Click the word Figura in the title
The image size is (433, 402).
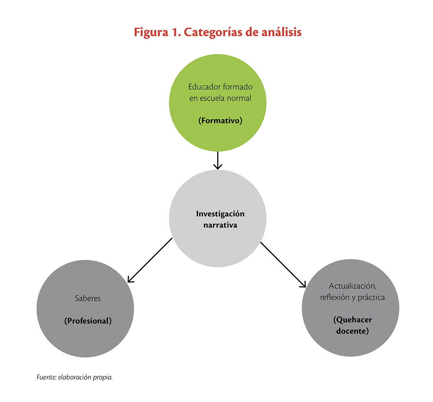pyautogui.click(x=151, y=33)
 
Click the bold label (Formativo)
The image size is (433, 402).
pyautogui.click(x=220, y=121)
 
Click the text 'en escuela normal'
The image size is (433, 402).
pyautogui.click(x=220, y=98)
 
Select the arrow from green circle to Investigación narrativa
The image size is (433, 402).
pyautogui.click(x=218, y=160)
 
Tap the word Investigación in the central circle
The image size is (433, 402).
pyautogui.click(x=220, y=214)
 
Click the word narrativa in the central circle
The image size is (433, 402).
pyautogui.click(x=220, y=225)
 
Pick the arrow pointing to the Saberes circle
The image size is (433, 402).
pyautogui.click(x=150, y=260)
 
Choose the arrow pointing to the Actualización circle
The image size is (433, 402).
pyautogui.click(x=283, y=265)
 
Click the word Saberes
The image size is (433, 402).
pyautogui.click(x=88, y=298)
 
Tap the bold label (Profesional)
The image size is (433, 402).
pyautogui.click(x=88, y=321)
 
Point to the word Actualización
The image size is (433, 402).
pyautogui.click(x=352, y=286)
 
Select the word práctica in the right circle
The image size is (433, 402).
pyautogui.click(x=372, y=298)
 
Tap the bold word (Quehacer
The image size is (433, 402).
pyautogui.click(x=353, y=320)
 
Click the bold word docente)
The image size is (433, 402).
pyautogui.click(x=352, y=331)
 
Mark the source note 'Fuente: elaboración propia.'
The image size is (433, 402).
pyautogui.click(x=74, y=378)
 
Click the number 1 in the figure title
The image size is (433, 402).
pyautogui.click(x=176, y=32)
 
